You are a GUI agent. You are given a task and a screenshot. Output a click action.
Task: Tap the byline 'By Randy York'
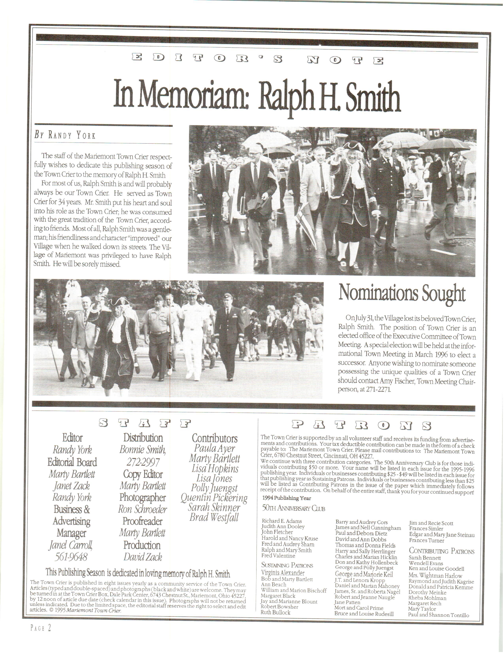65,135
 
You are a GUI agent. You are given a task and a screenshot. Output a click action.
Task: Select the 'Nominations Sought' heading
402,294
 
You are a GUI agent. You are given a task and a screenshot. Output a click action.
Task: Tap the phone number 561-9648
72,557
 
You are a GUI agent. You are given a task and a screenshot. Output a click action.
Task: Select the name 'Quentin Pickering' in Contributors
214,498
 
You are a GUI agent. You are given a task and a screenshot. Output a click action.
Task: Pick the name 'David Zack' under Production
143,557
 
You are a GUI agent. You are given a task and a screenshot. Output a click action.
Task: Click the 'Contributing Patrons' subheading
441,551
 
